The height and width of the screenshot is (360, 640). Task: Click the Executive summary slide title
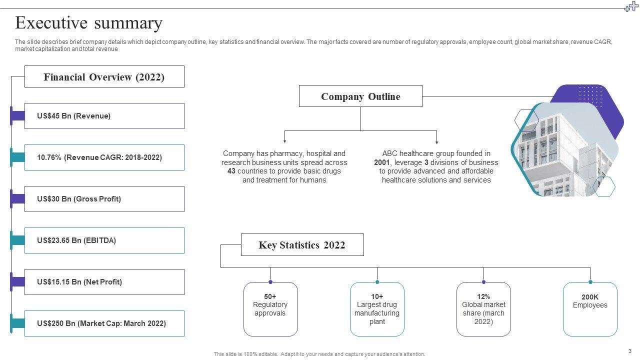(89, 23)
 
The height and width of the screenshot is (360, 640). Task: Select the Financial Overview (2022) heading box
(104, 77)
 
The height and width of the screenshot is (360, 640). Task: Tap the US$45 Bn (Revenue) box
(104, 116)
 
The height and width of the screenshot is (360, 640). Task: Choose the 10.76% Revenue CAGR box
(104, 157)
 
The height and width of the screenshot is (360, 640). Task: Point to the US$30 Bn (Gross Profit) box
(104, 199)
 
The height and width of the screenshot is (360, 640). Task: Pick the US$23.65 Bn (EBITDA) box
(104, 240)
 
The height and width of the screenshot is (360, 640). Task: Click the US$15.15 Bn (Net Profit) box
(104, 282)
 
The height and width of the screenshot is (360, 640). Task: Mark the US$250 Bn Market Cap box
(104, 323)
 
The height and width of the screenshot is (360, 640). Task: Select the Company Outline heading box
(360, 96)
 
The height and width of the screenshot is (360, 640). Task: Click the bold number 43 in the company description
(231, 171)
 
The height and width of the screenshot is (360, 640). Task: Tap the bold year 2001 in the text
(381, 162)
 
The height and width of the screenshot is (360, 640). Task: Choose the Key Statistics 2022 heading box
(302, 245)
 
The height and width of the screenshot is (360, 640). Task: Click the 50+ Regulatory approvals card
(270, 309)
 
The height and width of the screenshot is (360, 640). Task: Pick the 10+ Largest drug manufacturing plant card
(377, 309)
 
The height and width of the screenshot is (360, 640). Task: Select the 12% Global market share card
(483, 309)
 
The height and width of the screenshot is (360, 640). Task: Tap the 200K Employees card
(590, 309)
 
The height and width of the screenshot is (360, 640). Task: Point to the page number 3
(630, 351)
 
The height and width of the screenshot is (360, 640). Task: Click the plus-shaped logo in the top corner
(631, 6)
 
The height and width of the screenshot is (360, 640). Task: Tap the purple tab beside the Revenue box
(17, 116)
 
